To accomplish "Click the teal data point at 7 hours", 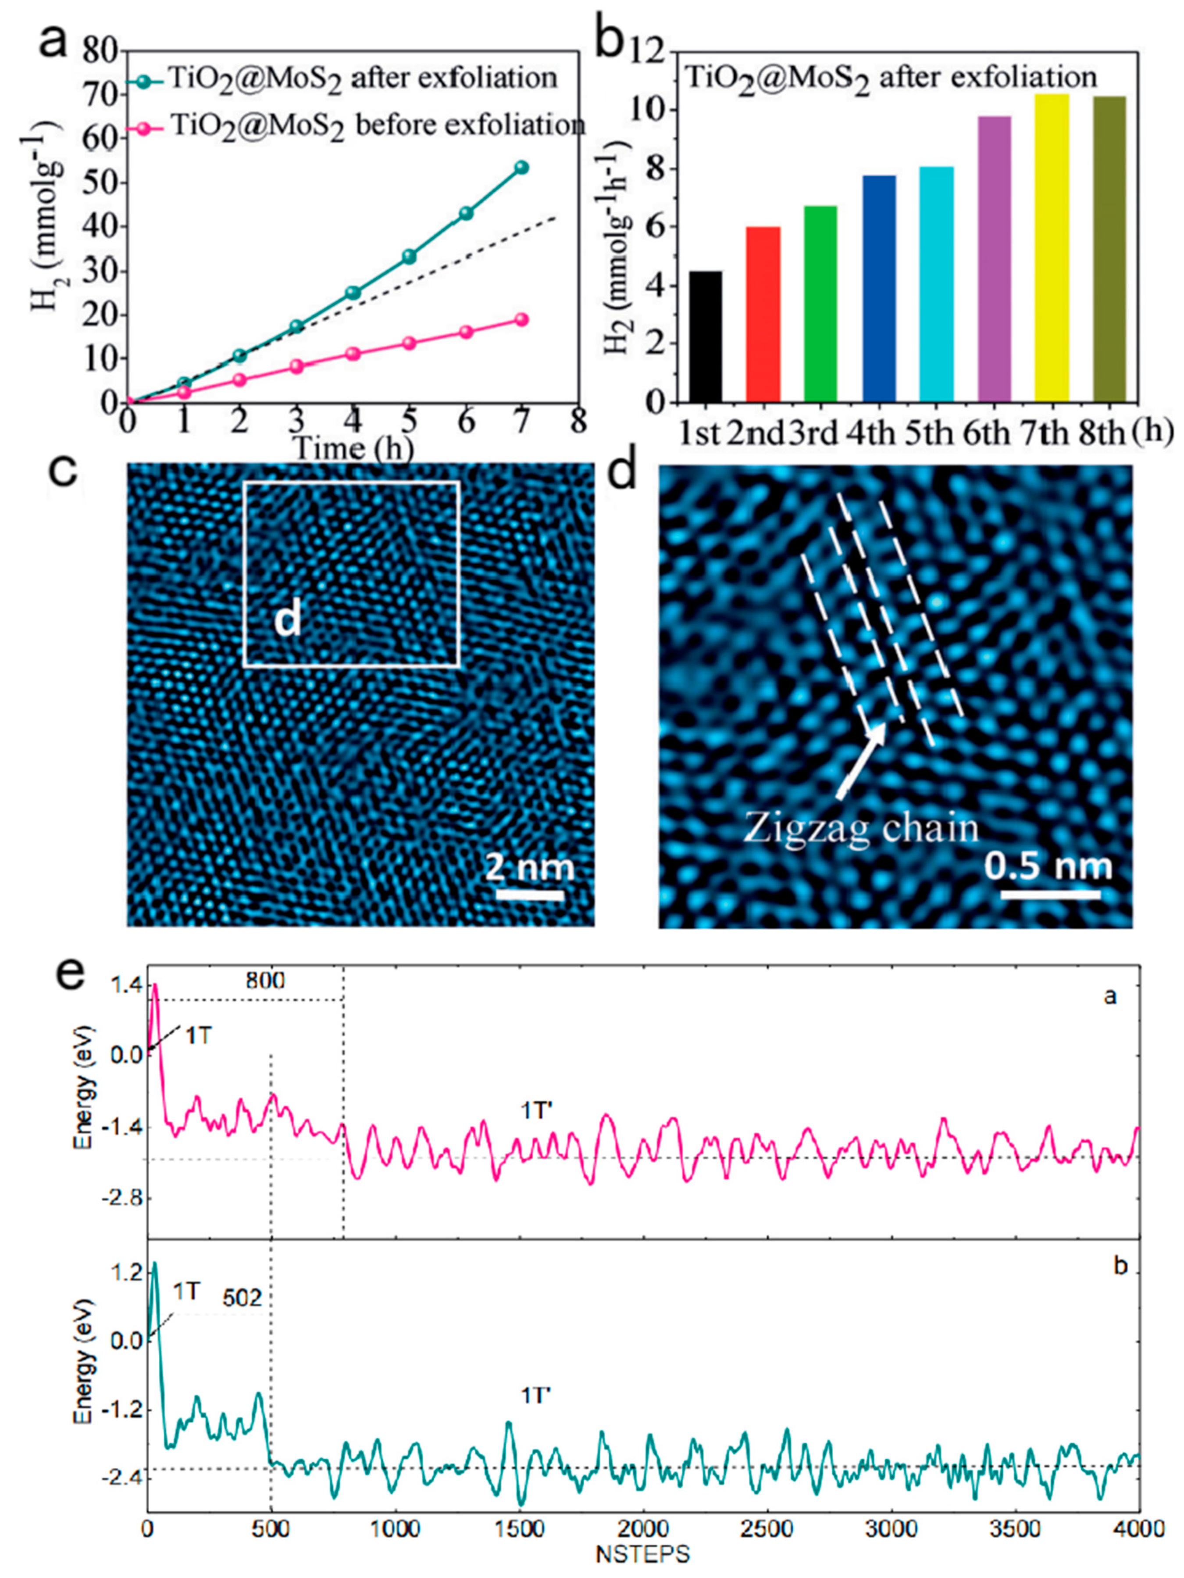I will coord(521,168).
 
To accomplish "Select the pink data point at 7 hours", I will coord(521,319).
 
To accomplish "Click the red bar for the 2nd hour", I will coord(763,314).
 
